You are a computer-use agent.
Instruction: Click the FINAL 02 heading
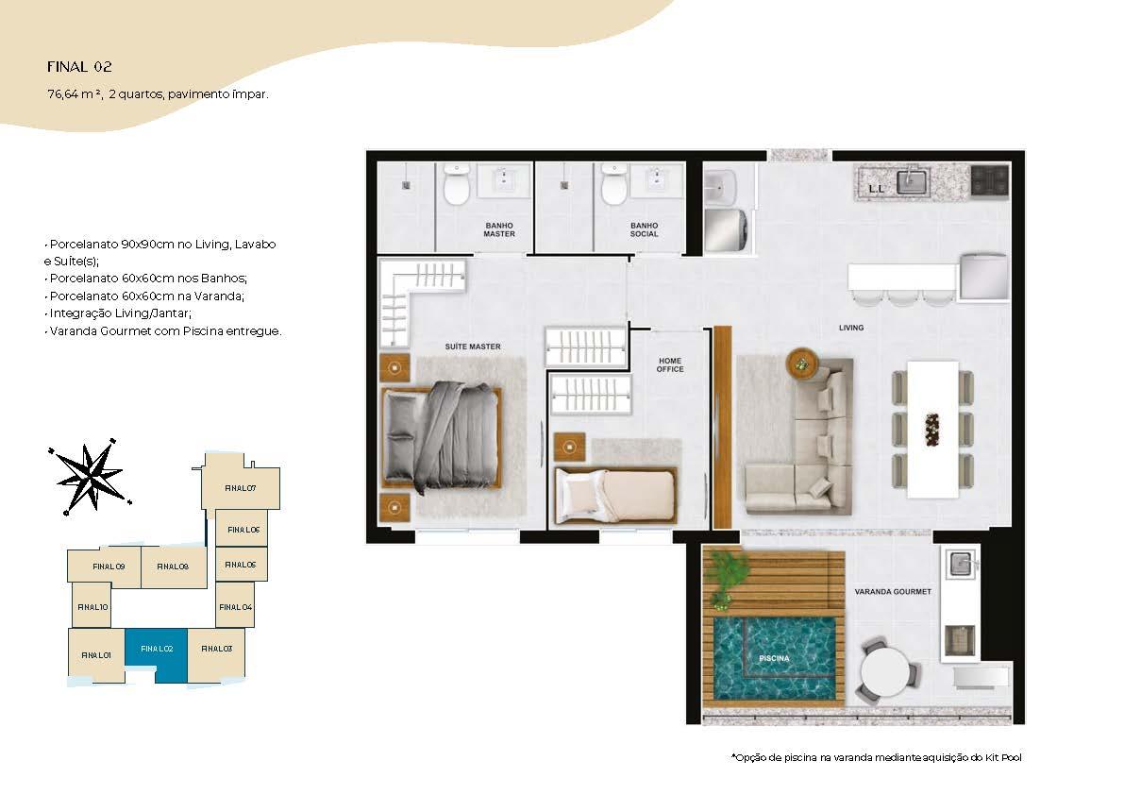79,67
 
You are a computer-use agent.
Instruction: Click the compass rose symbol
91,476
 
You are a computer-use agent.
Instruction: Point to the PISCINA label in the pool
774,658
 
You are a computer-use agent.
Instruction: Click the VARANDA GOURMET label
893,591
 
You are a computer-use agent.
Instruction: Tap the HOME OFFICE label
670,364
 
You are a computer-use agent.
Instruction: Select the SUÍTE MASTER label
473,347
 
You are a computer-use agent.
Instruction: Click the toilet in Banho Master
456,183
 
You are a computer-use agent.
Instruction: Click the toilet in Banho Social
614,183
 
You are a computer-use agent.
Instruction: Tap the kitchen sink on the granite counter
913,180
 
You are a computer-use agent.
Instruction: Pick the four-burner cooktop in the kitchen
990,180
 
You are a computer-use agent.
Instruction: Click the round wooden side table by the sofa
801,364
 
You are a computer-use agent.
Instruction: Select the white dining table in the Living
932,430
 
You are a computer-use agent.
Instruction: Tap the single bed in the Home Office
615,495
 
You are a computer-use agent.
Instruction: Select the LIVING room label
851,328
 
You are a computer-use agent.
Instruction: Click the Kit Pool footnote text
876,757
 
